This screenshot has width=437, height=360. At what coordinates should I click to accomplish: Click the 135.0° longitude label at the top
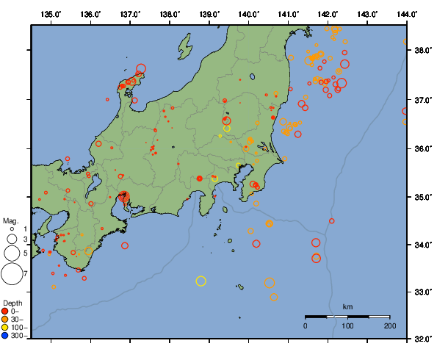point(51,14)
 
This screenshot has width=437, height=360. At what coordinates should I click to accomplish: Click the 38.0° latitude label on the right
point(422,51)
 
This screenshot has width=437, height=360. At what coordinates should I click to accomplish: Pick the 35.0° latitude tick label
point(422,197)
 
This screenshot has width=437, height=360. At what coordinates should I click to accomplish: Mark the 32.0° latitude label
point(422,339)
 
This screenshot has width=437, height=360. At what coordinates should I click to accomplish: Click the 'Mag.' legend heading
point(10,220)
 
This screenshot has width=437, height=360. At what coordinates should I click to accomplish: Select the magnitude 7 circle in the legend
point(12,274)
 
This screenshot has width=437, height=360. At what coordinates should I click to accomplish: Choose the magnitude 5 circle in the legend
point(12,253)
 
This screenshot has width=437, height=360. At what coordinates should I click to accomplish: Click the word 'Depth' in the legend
point(12,303)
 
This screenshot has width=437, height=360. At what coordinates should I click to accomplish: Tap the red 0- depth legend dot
point(6,311)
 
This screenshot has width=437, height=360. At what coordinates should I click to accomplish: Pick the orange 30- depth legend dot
point(6,319)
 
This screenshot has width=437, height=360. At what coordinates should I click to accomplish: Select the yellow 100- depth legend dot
point(6,327)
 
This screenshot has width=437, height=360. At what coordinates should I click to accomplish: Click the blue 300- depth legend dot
point(6,336)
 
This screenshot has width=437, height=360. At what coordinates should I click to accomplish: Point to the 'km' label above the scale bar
point(347,306)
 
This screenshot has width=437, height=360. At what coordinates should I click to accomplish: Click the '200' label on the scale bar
point(389,325)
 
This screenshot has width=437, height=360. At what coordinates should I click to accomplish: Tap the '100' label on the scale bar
point(347,325)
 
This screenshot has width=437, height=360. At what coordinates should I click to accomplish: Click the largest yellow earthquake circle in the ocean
point(201,281)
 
